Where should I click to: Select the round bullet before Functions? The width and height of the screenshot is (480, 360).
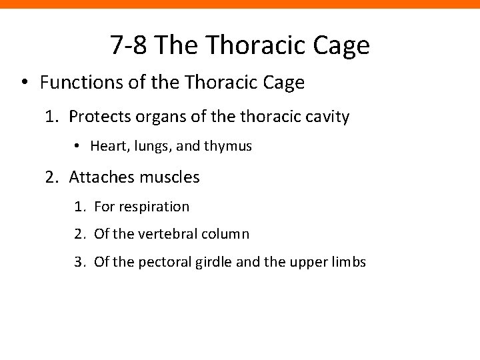(25, 83)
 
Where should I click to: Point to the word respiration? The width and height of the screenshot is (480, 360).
(153, 207)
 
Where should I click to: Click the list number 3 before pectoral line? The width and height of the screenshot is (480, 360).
(79, 262)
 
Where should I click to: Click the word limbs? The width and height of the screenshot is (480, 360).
(349, 262)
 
